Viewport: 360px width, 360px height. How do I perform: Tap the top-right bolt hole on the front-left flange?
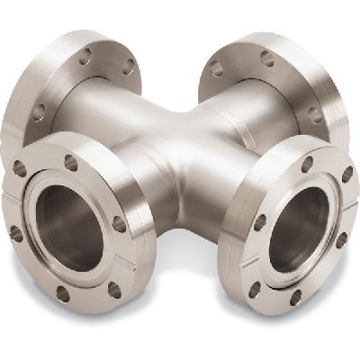pos(70,163)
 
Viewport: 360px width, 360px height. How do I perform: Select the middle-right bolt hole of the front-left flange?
pos(119,223)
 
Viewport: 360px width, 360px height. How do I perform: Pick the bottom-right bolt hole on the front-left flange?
pos(113,289)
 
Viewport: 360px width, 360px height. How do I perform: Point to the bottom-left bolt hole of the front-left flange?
pos(62,293)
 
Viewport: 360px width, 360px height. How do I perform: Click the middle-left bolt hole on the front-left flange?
pos(15,233)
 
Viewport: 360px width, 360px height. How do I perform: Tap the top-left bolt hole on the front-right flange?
pos(307,164)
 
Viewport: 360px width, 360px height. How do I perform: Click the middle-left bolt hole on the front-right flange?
pos(260,221)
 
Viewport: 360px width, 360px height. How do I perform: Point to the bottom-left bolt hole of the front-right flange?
pos(255,289)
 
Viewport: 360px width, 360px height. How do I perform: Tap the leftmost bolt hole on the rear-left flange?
pos(39,112)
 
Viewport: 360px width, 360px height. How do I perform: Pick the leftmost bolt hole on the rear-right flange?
pos(216,68)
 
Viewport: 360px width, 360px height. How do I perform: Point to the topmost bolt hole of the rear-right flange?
pos(267,58)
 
